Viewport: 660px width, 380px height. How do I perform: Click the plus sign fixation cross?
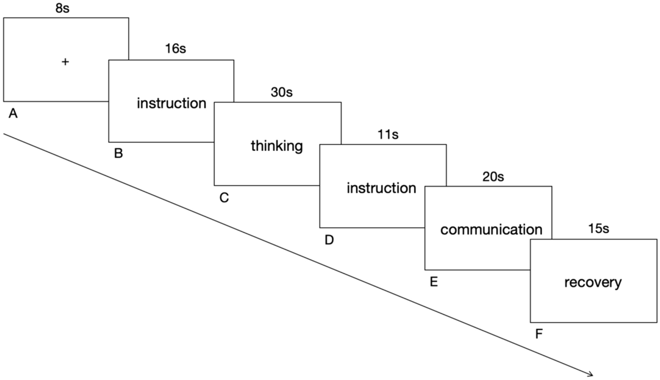click(65, 62)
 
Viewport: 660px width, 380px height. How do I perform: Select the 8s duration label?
click(62, 8)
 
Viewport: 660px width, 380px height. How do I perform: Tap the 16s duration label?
click(175, 49)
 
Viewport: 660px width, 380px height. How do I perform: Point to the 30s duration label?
click(282, 92)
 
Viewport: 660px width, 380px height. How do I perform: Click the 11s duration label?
click(388, 135)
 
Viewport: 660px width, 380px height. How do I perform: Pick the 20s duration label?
click(493, 177)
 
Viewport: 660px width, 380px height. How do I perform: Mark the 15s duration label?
click(599, 229)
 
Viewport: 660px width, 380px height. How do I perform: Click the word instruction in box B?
click(171, 104)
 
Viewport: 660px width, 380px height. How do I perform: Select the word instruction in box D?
click(381, 188)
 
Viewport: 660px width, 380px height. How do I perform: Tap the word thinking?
click(277, 146)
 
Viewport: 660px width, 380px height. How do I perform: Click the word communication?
click(491, 230)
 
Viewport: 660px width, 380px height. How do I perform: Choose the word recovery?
click(593, 283)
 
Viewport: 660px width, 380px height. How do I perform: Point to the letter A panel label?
click(13, 113)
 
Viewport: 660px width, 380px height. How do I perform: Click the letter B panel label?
click(118, 153)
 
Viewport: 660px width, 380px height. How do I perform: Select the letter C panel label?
click(224, 198)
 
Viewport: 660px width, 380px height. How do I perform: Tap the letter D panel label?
click(329, 241)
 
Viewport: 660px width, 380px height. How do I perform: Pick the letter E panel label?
click(434, 282)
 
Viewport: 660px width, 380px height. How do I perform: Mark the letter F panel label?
click(539, 334)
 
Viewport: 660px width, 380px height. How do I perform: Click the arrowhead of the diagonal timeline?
click(591, 373)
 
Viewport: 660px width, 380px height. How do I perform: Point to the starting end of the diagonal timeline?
click(5, 134)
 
